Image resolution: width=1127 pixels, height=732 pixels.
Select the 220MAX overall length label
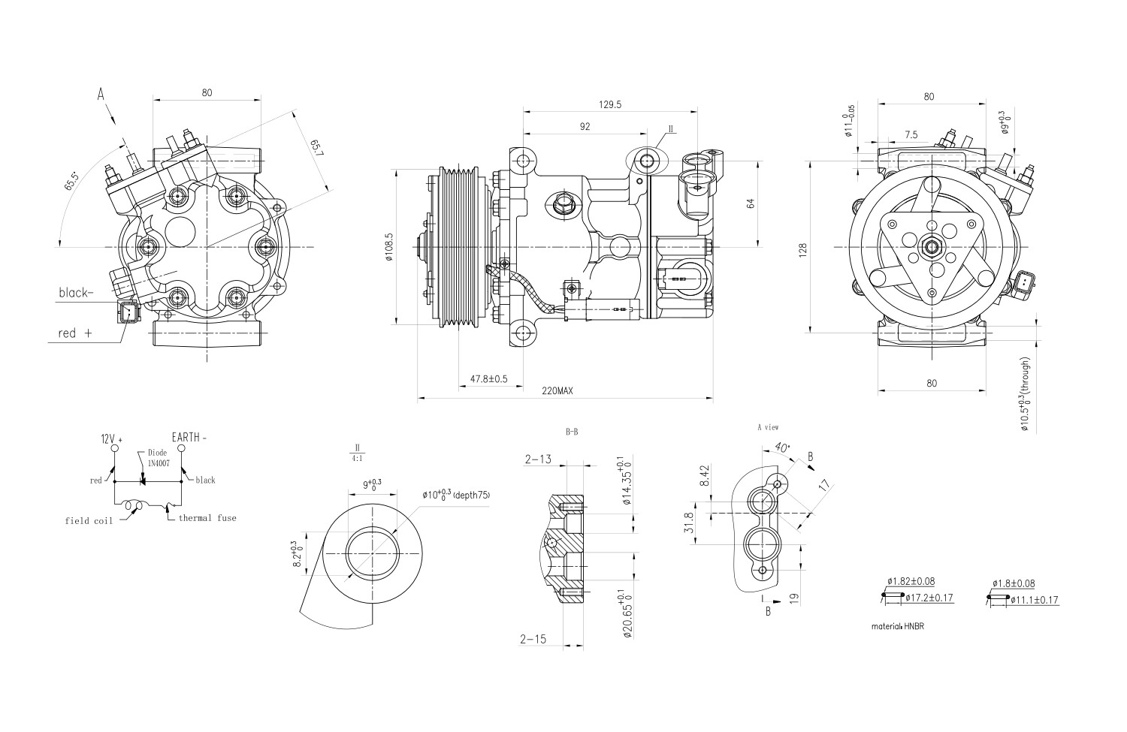(557, 391)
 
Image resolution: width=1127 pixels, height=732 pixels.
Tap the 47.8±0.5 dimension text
(488, 379)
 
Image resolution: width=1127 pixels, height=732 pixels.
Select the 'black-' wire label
(76, 293)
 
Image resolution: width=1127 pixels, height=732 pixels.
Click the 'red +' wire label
(74, 333)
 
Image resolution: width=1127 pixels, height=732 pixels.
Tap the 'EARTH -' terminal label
(189, 437)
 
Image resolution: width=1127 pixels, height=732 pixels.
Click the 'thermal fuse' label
(207, 518)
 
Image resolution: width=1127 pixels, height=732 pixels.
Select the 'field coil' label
(88, 520)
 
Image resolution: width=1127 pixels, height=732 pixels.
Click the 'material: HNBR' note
(897, 625)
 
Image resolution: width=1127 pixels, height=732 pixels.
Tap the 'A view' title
(768, 427)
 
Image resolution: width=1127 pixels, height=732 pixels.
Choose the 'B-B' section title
(571, 432)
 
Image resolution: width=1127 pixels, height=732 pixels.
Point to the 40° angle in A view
(781, 447)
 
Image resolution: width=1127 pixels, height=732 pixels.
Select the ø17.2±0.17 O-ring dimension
(929, 598)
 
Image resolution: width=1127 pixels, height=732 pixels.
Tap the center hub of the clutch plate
(932, 246)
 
